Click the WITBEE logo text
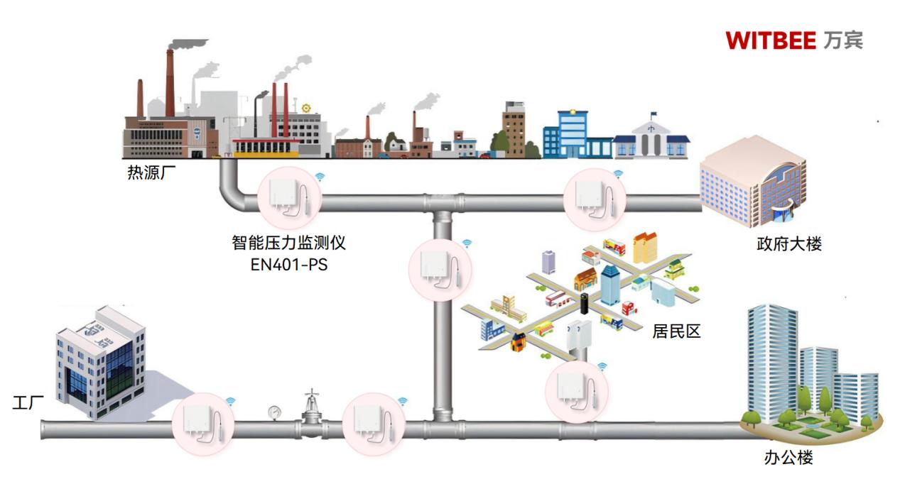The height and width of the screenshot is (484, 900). pos(771,40)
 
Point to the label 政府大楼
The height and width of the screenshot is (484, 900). pos(789,245)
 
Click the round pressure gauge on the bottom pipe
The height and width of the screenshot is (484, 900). pos(274,411)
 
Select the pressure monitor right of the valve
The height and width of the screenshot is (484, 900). pos(373,424)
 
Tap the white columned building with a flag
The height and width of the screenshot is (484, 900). pos(651,138)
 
